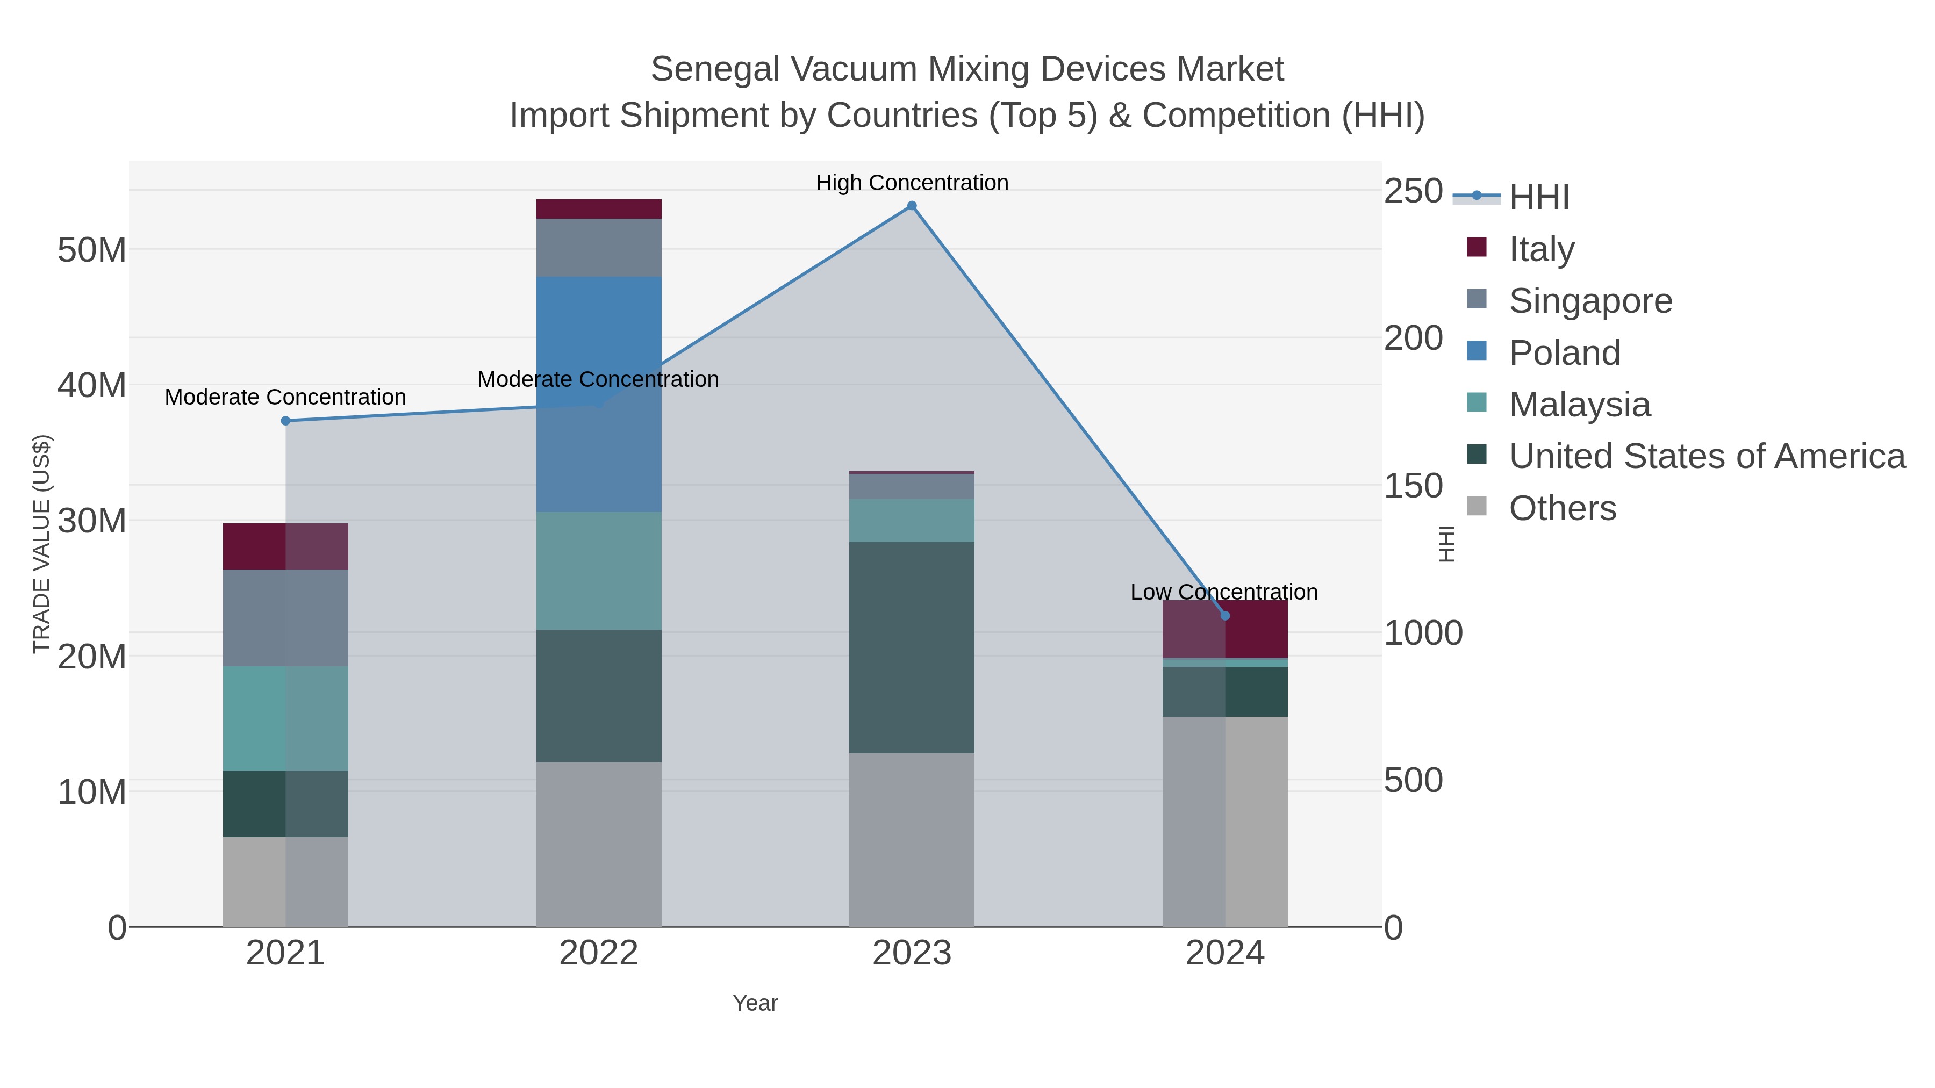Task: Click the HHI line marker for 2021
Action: click(285, 421)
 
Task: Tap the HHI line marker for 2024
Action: click(1225, 616)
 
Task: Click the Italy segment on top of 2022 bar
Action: click(599, 209)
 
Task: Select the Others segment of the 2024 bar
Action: click(1225, 822)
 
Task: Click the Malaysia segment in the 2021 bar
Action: click(285, 718)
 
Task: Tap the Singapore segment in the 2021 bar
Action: click(285, 617)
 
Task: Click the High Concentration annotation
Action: click(912, 183)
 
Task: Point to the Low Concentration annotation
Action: click(1224, 592)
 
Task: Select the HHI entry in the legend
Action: click(1538, 197)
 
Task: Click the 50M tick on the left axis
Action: click(91, 249)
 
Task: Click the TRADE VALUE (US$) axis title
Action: click(41, 544)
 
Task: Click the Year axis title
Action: click(755, 1003)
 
